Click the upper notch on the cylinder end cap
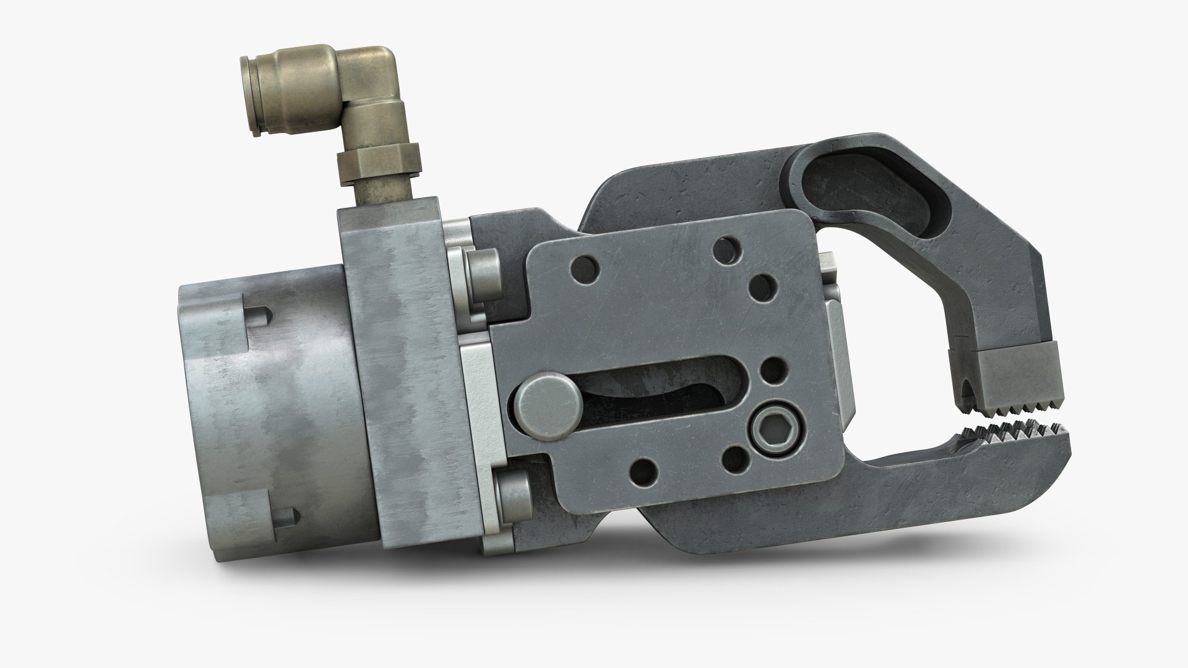coord(259,317)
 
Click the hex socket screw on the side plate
coord(770,425)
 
